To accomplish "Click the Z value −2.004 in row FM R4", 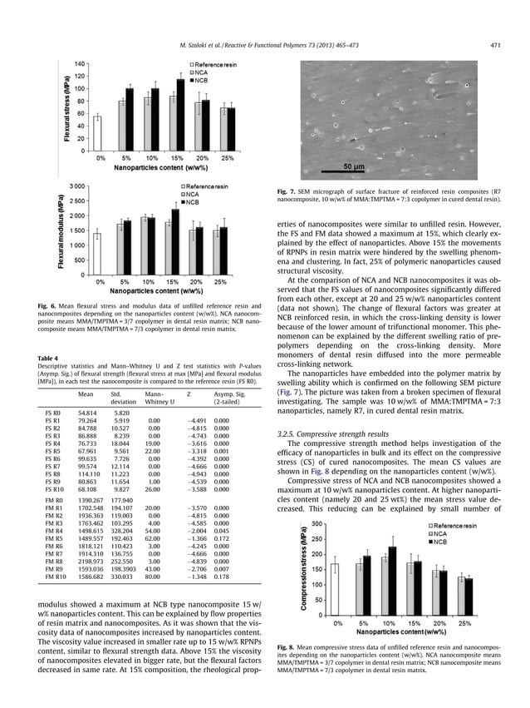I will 191,512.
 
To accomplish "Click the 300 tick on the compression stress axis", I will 315,523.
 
